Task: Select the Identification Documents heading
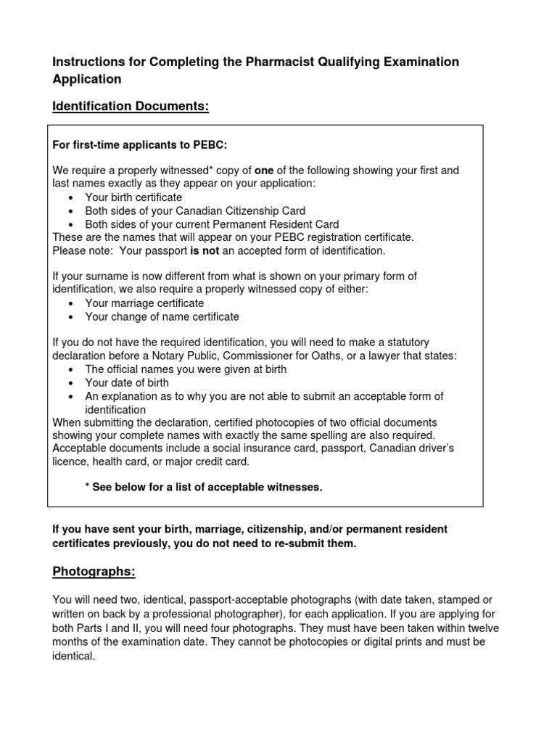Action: point(131,107)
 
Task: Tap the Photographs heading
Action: point(94,571)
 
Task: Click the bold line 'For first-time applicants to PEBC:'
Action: point(140,145)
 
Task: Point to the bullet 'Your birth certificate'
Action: point(133,197)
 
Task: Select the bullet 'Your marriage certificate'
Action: point(144,303)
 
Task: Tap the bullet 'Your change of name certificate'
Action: point(162,317)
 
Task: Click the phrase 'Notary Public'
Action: point(187,356)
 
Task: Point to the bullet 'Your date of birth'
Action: point(127,382)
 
